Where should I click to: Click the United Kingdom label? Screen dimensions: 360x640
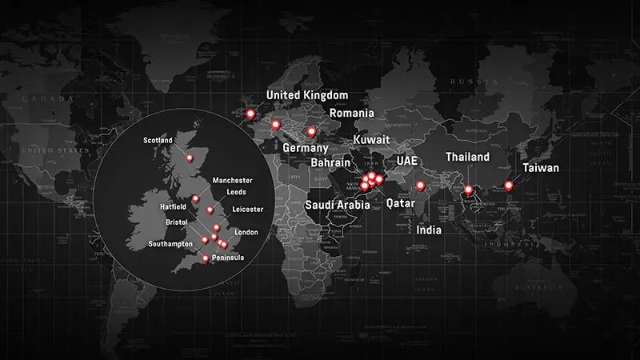(x=307, y=96)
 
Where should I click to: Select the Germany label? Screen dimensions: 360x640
(x=306, y=149)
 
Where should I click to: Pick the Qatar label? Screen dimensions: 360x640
(x=400, y=203)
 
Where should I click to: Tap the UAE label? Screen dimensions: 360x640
(x=407, y=161)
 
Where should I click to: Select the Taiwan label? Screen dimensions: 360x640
(x=541, y=168)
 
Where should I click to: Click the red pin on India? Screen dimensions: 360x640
(x=421, y=186)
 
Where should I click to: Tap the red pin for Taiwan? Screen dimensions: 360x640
(x=509, y=186)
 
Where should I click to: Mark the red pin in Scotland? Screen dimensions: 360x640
(x=190, y=158)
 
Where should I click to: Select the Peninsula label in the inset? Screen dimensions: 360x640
(x=228, y=258)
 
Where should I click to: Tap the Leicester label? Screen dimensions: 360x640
(x=246, y=209)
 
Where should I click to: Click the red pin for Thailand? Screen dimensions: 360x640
(x=468, y=190)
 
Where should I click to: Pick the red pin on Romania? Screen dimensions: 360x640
(x=312, y=131)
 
